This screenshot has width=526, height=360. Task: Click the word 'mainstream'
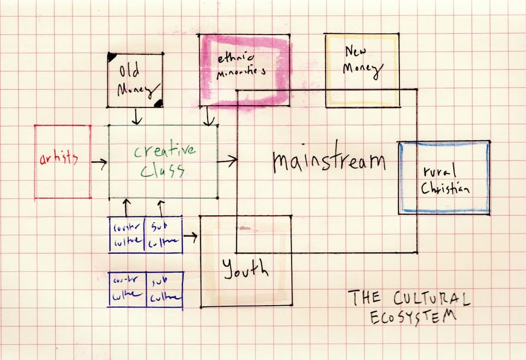pos(329,161)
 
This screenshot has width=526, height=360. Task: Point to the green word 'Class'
pos(162,172)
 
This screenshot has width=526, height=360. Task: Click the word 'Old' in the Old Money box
pos(129,72)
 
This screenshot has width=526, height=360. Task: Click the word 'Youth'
pos(245,268)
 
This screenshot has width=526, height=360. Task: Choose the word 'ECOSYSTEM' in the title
pos(413,317)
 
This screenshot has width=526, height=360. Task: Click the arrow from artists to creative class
pos(99,162)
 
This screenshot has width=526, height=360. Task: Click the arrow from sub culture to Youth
pos(191,237)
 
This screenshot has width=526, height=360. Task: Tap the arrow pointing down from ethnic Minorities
pos(209,116)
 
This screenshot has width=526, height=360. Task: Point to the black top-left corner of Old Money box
pos(111,56)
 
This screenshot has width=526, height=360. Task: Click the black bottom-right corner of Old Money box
pos(158,103)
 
